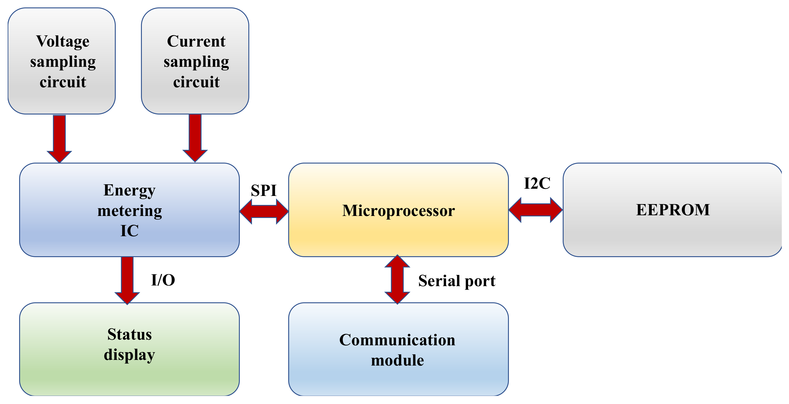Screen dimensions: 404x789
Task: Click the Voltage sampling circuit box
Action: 61,61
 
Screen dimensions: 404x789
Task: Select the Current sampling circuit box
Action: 195,61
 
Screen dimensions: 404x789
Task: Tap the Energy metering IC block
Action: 129,210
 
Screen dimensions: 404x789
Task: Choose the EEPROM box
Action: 672,210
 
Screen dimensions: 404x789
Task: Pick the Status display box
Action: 129,349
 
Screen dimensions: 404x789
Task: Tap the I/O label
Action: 163,280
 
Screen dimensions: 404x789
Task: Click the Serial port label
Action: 456,281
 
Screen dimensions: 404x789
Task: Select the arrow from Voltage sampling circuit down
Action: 59,138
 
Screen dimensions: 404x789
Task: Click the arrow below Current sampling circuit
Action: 195,137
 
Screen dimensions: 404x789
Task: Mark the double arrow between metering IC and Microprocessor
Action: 264,211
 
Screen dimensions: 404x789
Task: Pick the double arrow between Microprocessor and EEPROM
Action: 535,210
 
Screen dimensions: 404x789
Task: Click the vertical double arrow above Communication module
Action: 397,279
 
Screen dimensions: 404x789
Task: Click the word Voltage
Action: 63,41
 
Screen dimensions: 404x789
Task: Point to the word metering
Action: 129,211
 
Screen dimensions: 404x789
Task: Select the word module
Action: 397,360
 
